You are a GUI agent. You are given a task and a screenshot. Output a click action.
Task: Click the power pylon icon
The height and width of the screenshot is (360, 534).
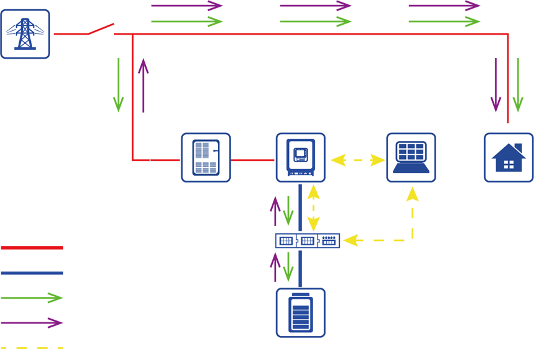[25, 34]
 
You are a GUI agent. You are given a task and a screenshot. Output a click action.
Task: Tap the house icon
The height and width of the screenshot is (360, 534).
[508, 158]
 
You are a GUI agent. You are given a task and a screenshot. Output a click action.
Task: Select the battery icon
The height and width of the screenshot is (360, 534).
[300, 312]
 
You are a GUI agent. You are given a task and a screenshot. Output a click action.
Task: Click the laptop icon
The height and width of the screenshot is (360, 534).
[411, 158]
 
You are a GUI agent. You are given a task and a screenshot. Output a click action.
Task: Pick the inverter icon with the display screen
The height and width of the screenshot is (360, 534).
[300, 158]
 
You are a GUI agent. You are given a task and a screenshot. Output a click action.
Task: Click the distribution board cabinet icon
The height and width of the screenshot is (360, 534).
[205, 158]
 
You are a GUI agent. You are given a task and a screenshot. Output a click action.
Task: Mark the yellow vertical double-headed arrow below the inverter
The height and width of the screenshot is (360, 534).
[314, 207]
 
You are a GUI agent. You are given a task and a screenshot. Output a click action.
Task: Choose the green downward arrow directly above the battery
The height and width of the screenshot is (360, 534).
[288, 269]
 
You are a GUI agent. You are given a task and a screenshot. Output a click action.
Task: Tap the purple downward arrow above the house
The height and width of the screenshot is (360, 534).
[496, 99]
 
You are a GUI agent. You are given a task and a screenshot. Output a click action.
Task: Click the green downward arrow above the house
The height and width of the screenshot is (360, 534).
[519, 99]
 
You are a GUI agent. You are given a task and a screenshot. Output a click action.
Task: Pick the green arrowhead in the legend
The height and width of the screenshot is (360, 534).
[54, 298]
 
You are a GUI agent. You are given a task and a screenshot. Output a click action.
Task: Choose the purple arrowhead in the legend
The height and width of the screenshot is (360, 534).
[54, 324]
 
